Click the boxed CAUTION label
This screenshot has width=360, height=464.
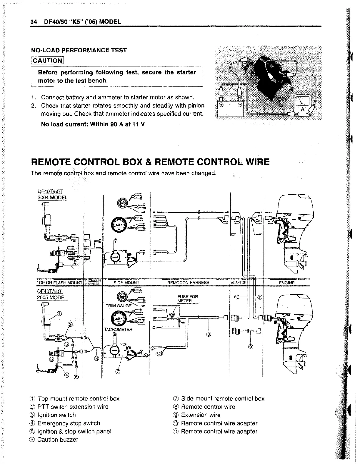click(47, 61)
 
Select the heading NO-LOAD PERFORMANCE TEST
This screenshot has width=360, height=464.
click(79, 50)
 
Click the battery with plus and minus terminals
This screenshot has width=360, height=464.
click(231, 109)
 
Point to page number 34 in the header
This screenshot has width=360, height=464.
click(33, 22)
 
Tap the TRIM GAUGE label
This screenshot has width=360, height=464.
click(119, 306)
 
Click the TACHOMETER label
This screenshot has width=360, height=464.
click(118, 329)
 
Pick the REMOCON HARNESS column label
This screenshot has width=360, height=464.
click(188, 283)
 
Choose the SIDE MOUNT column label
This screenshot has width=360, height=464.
click(126, 283)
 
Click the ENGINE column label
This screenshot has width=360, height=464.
click(286, 283)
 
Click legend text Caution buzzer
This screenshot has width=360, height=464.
click(58, 440)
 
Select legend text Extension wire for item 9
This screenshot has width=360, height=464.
click(201, 415)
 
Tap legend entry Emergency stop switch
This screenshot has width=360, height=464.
click(69, 423)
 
